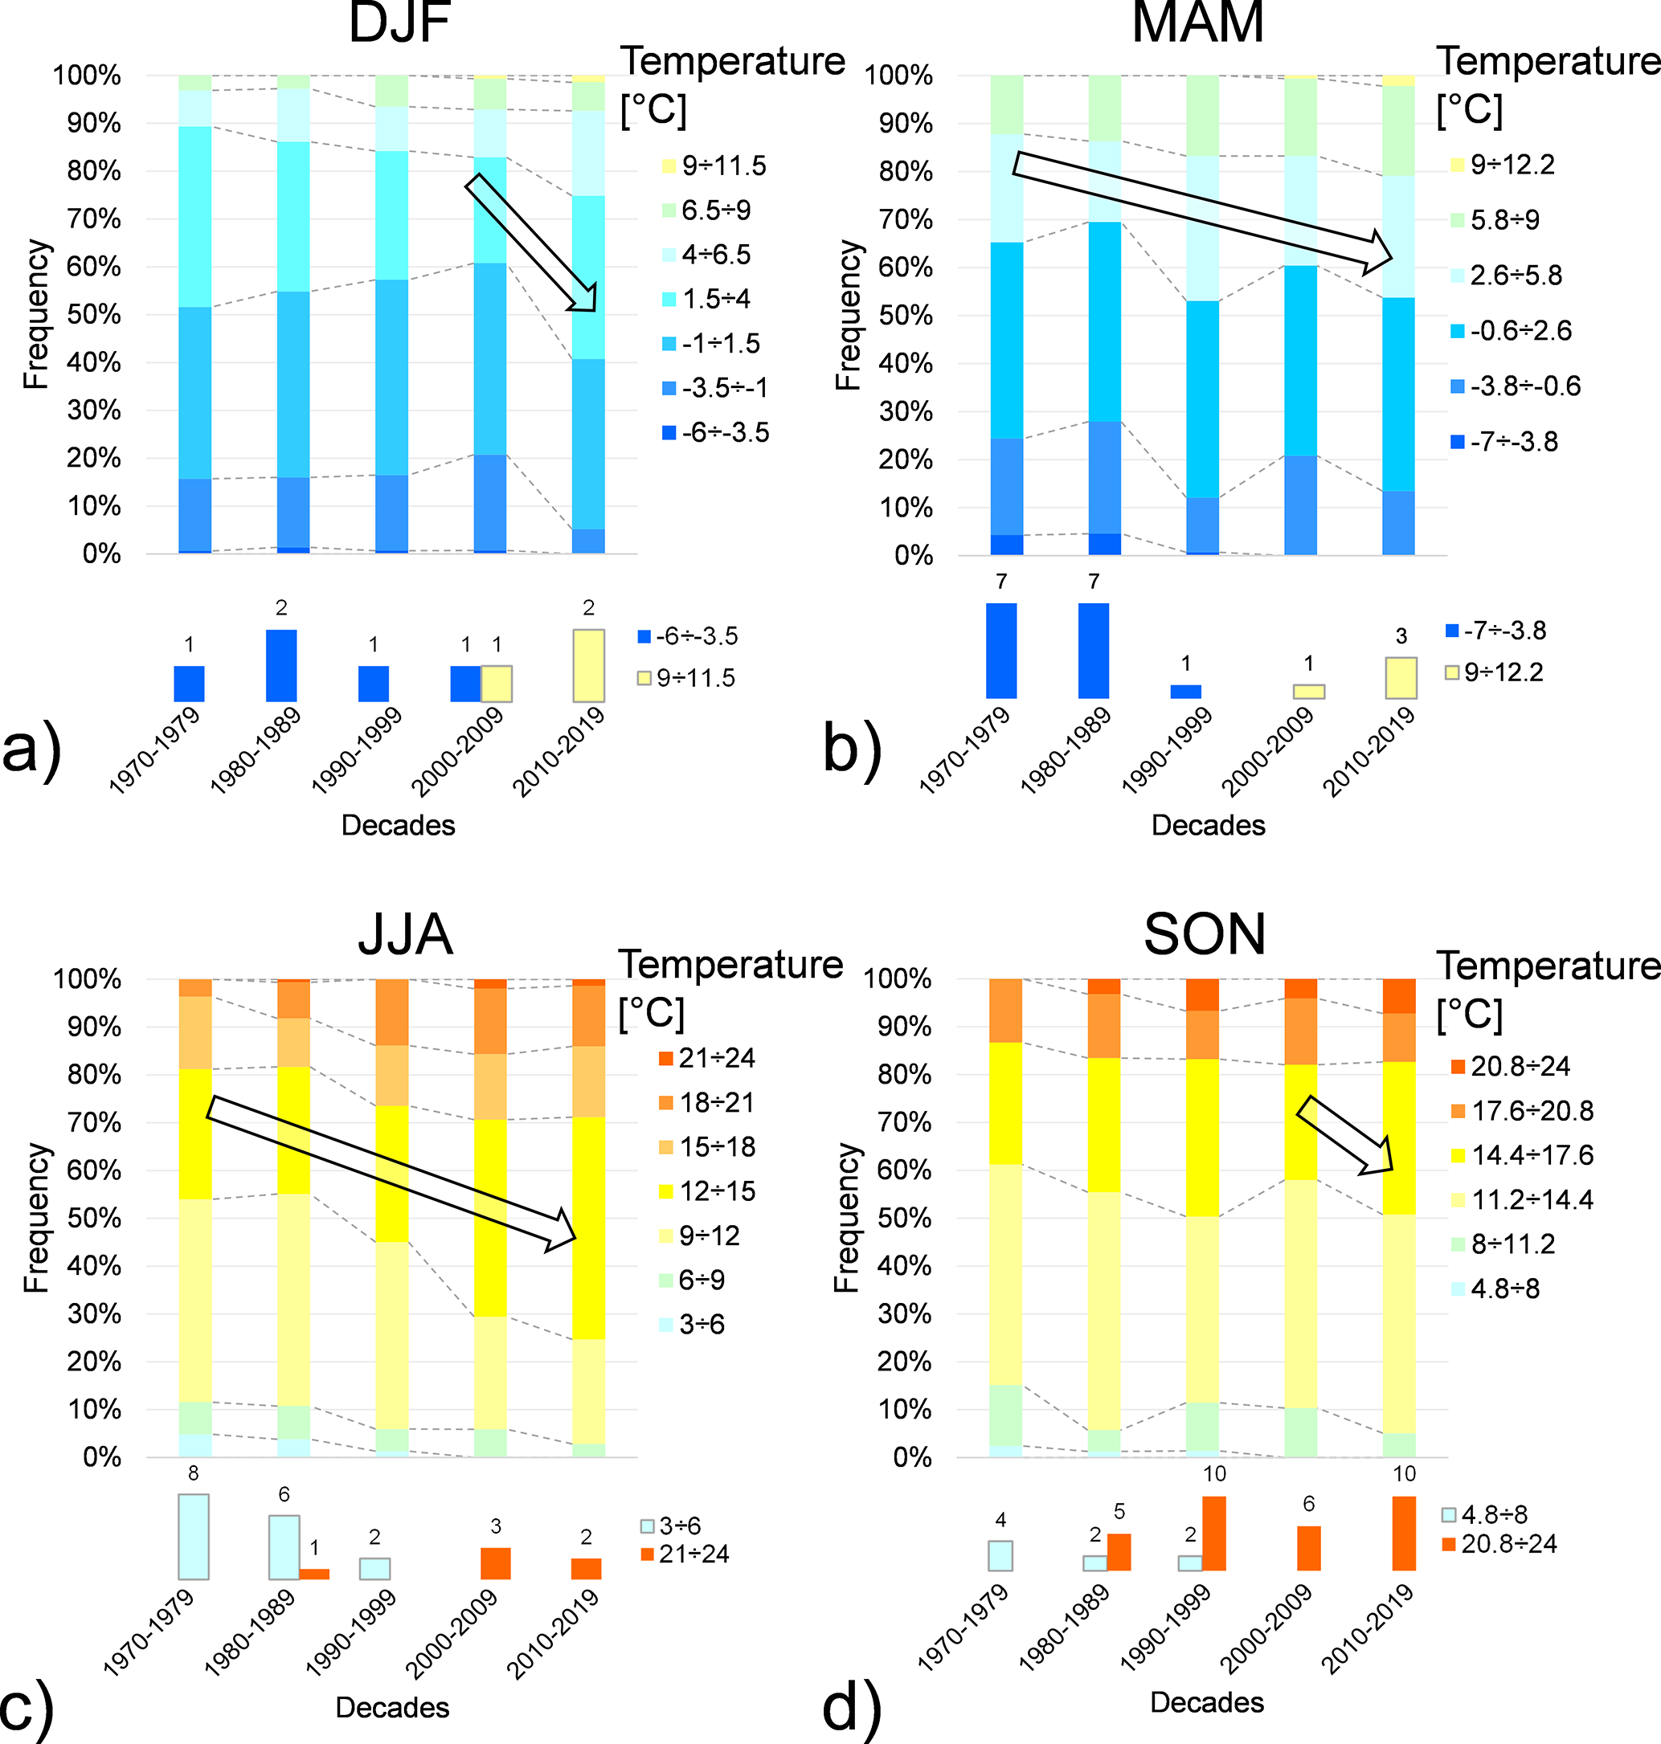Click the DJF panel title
coord(399,23)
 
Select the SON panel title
coord(1204,934)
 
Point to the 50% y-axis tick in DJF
coord(94,315)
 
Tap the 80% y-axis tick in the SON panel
coord(905,1075)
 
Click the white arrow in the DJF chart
coord(532,243)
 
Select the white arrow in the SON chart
coord(1346,1136)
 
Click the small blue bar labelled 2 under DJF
coord(281,666)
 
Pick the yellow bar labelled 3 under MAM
coord(1401,678)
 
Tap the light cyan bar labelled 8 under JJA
coord(194,1537)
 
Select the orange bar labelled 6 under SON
coord(1308,1548)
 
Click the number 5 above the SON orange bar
coord(1119,1511)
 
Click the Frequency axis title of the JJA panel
coord(36,1217)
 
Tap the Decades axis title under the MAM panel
coord(1208,825)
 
